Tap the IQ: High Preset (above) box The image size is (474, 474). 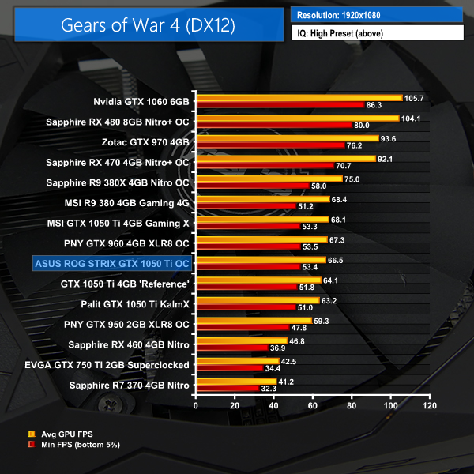(x=376, y=33)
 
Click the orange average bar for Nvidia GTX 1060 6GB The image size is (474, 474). (x=299, y=98)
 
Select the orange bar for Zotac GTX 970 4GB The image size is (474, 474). (x=287, y=138)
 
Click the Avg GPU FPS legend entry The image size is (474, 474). (x=63, y=434)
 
